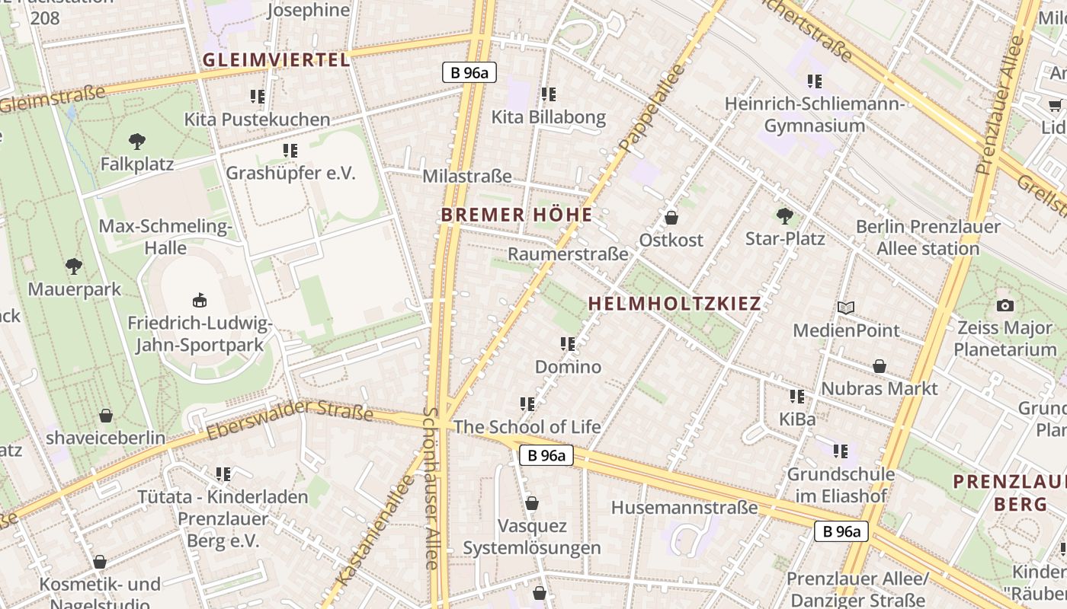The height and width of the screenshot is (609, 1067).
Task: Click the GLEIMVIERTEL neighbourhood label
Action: tap(277, 60)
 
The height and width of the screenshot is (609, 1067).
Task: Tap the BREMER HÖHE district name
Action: tap(517, 215)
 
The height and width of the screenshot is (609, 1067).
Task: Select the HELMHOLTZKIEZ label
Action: tap(674, 304)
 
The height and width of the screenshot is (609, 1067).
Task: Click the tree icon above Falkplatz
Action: tap(137, 141)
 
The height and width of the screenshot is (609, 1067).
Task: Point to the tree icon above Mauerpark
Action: tap(74, 266)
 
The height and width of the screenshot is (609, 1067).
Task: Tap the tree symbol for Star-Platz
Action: tap(784, 215)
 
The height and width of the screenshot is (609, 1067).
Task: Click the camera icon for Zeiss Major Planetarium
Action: tap(1005, 305)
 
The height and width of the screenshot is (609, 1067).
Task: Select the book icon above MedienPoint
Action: tap(846, 308)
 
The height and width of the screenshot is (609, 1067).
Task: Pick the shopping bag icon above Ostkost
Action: tap(671, 218)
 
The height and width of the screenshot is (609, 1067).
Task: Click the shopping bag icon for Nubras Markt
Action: tap(880, 366)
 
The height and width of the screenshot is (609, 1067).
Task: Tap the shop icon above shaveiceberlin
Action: tap(106, 416)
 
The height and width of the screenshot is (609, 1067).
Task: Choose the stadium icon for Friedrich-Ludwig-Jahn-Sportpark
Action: tap(200, 300)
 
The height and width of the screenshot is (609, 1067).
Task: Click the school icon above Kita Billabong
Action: tap(549, 94)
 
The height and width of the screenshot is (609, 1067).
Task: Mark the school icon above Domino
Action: tap(568, 344)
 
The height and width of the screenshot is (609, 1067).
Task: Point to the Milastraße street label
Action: tap(467, 176)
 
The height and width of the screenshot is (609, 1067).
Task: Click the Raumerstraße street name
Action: tap(568, 253)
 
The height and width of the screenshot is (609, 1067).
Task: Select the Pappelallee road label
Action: tap(652, 107)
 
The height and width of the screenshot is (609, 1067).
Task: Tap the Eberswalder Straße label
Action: tap(290, 421)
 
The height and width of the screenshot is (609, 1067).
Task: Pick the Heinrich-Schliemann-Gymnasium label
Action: tap(815, 114)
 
